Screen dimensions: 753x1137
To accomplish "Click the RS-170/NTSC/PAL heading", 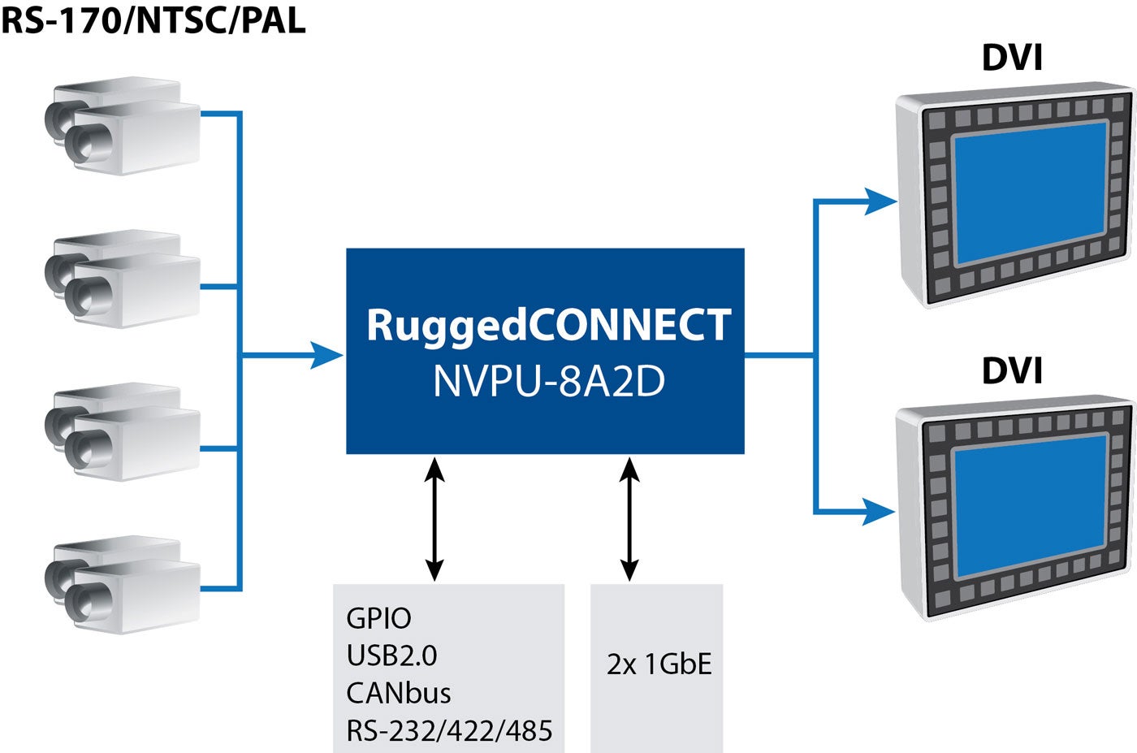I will [153, 19].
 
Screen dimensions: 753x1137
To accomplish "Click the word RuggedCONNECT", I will [548, 326].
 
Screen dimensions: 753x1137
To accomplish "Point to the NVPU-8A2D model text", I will [548, 381].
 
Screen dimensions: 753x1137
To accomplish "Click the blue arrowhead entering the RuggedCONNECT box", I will [328, 355].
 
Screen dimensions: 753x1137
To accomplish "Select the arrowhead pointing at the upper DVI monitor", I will [880, 201].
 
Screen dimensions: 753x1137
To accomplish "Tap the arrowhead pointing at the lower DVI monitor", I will [880, 512].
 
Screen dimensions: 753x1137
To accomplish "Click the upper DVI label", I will [1012, 58].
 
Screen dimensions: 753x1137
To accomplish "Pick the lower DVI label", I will [1012, 370].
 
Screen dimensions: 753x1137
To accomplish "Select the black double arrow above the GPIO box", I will [435, 518].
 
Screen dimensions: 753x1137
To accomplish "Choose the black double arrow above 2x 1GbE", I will [629, 518].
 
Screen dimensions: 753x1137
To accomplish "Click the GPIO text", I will [378, 619].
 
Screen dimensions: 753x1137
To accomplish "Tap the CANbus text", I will [398, 694].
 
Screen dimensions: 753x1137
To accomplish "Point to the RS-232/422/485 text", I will [449, 731].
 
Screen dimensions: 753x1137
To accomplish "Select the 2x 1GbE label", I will [659, 664].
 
